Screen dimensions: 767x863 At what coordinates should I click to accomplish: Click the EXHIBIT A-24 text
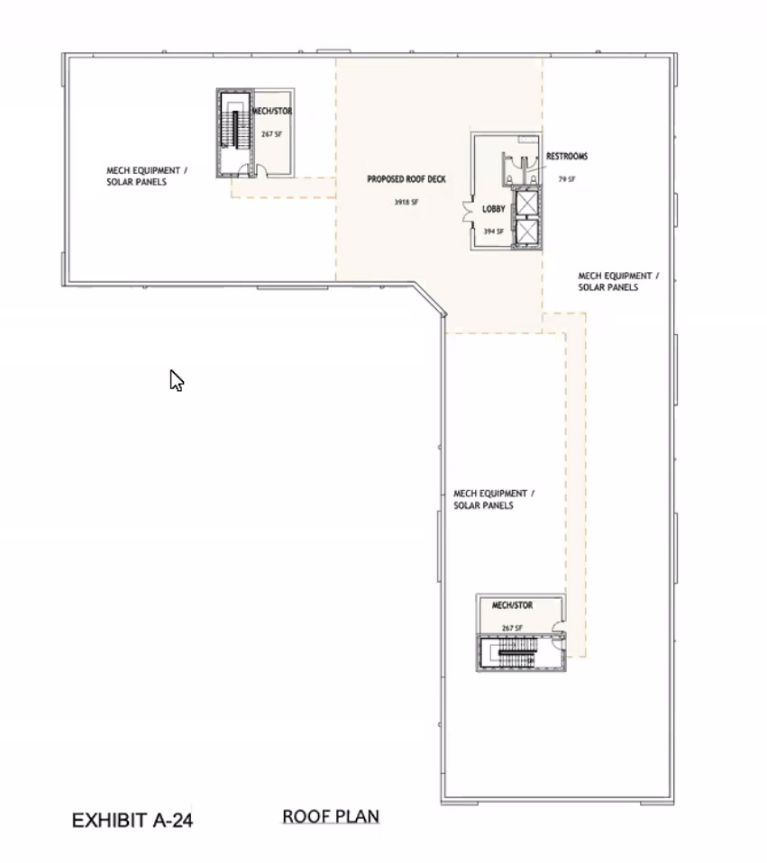click(x=132, y=820)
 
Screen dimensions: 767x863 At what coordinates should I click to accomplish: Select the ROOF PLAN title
click(x=331, y=816)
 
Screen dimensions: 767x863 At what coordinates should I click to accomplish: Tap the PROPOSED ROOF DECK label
click(x=406, y=179)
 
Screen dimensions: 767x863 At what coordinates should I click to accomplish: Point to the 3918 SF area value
click(x=406, y=202)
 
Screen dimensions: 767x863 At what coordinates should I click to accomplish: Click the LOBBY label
click(x=493, y=209)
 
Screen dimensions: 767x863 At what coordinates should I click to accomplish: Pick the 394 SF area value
click(x=493, y=232)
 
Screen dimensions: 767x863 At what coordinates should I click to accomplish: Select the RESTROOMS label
click(x=567, y=157)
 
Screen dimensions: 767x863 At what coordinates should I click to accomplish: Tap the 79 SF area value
click(x=567, y=179)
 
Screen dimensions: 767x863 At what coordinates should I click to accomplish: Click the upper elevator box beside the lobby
click(x=527, y=203)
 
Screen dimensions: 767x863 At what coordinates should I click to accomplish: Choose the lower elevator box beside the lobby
click(x=527, y=232)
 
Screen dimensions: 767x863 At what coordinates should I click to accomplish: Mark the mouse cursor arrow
click(x=176, y=380)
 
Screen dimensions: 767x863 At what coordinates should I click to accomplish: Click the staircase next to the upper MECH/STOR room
click(x=235, y=132)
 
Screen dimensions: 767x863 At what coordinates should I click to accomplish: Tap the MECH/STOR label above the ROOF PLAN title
click(x=512, y=605)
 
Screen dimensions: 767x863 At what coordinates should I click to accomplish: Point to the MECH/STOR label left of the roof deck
click(x=272, y=111)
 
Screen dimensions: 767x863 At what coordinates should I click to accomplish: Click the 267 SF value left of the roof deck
click(x=272, y=133)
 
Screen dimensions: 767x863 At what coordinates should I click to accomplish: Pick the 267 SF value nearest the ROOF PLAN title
click(x=512, y=628)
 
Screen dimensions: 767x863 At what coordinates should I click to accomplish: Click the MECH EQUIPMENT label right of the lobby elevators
click(x=618, y=281)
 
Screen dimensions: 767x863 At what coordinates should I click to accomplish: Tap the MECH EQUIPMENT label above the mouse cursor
click(x=147, y=177)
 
